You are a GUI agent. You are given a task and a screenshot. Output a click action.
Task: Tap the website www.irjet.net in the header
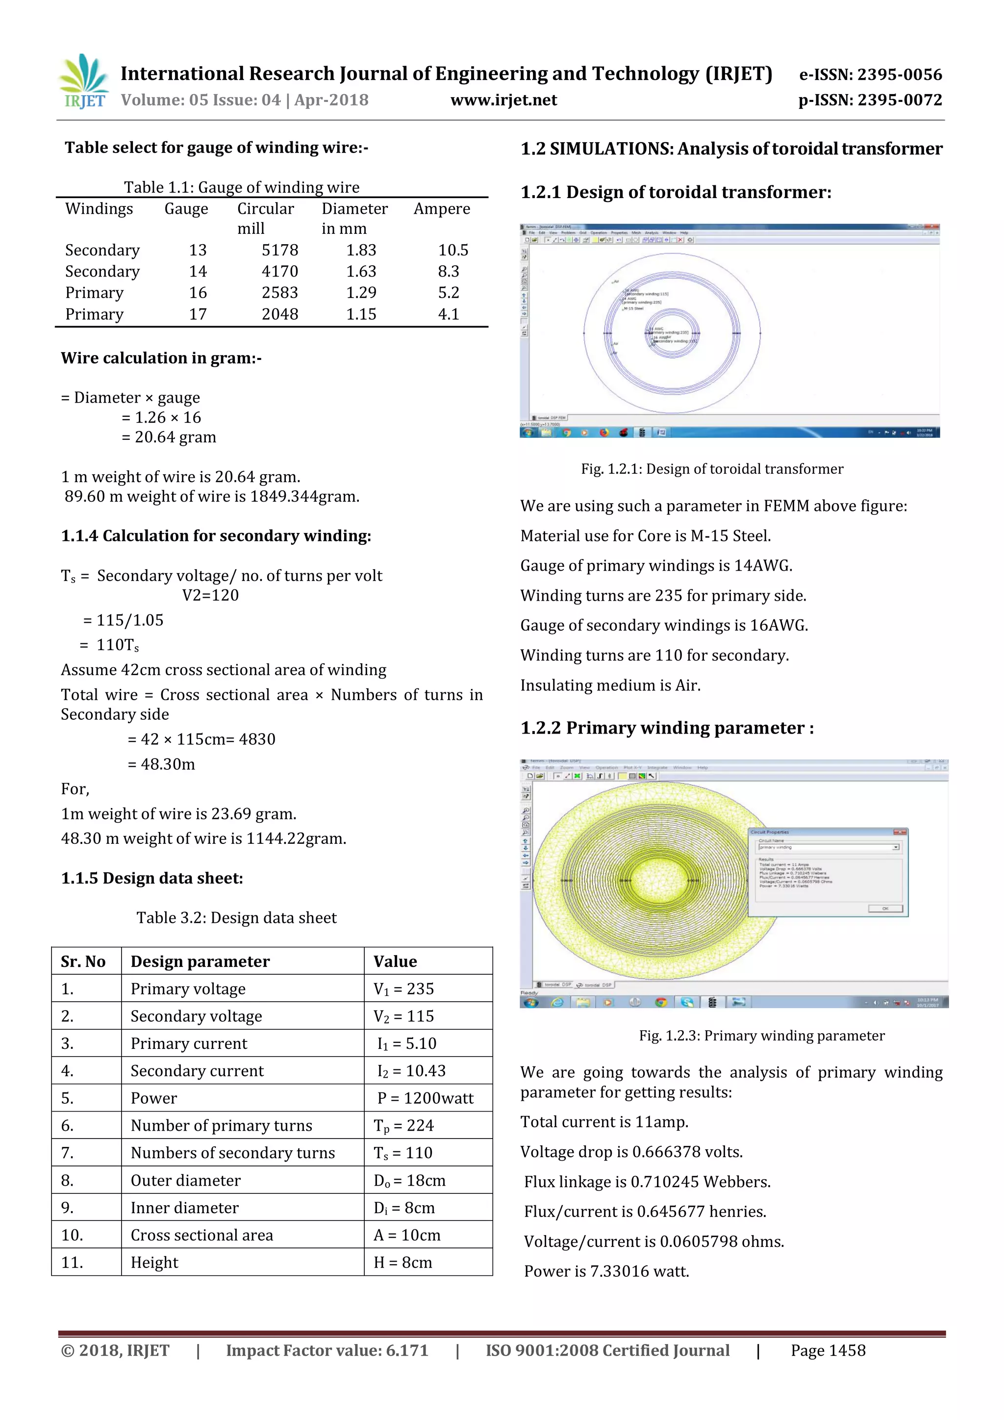click(503, 100)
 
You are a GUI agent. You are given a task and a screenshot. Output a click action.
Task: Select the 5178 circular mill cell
click(279, 250)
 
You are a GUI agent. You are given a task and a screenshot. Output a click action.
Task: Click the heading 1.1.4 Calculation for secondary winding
click(216, 535)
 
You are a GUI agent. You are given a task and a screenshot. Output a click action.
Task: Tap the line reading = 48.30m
click(161, 764)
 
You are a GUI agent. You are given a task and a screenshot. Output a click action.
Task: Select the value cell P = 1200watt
click(426, 1098)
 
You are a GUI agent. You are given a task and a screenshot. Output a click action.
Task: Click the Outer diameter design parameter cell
click(185, 1180)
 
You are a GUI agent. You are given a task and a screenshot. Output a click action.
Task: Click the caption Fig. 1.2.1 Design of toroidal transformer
click(712, 469)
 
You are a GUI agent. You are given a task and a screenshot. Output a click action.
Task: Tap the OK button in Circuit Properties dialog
click(885, 909)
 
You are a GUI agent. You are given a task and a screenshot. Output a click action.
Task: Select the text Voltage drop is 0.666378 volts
click(631, 1152)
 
